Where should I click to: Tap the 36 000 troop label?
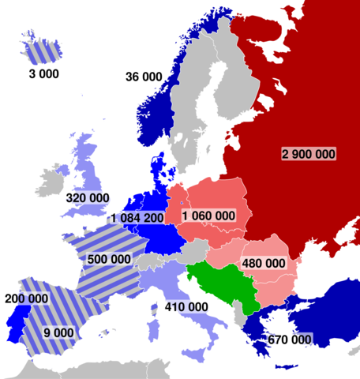[x=143, y=77]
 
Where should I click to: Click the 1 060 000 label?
[x=208, y=216]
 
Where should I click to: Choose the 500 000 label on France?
[x=110, y=259]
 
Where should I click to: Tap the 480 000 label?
[x=263, y=263]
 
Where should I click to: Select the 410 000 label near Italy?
[x=187, y=306]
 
